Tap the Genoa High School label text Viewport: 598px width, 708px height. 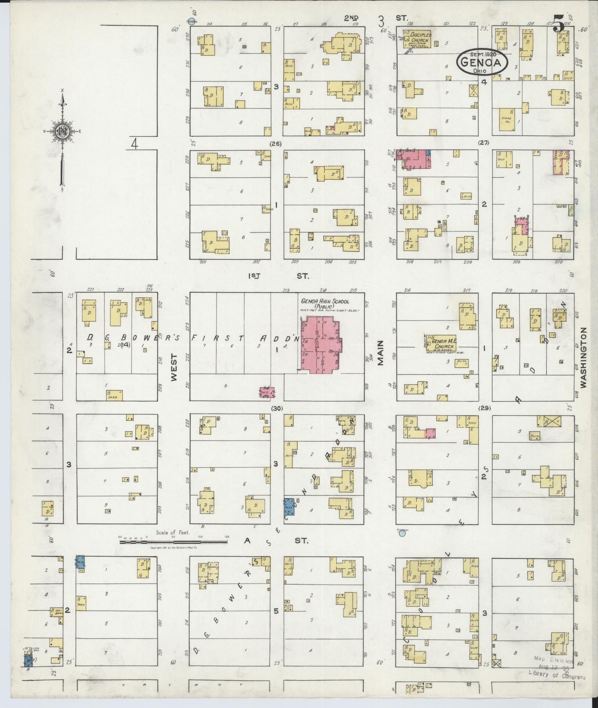point(325,303)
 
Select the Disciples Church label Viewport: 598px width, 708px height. point(419,37)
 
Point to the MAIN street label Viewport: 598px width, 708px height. point(380,353)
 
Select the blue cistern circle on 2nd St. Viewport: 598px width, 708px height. point(190,22)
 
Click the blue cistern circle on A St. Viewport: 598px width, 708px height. point(402,533)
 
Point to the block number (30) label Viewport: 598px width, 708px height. point(276,408)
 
